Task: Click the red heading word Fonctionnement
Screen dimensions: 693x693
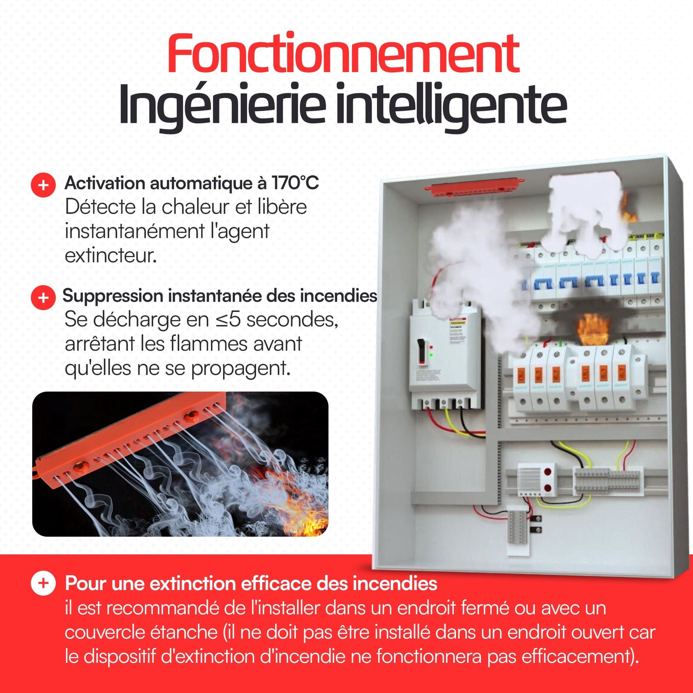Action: pos(343,54)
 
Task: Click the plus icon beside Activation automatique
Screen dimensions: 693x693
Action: pos(43,185)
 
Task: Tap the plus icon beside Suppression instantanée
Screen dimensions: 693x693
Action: pos(43,297)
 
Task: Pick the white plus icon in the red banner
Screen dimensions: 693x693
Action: pos(43,583)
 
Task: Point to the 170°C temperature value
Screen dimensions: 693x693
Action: pos(295,183)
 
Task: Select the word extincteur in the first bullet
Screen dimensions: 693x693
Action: pos(110,256)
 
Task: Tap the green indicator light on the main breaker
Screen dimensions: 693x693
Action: pos(431,355)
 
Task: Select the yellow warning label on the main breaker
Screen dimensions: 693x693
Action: pos(458,323)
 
